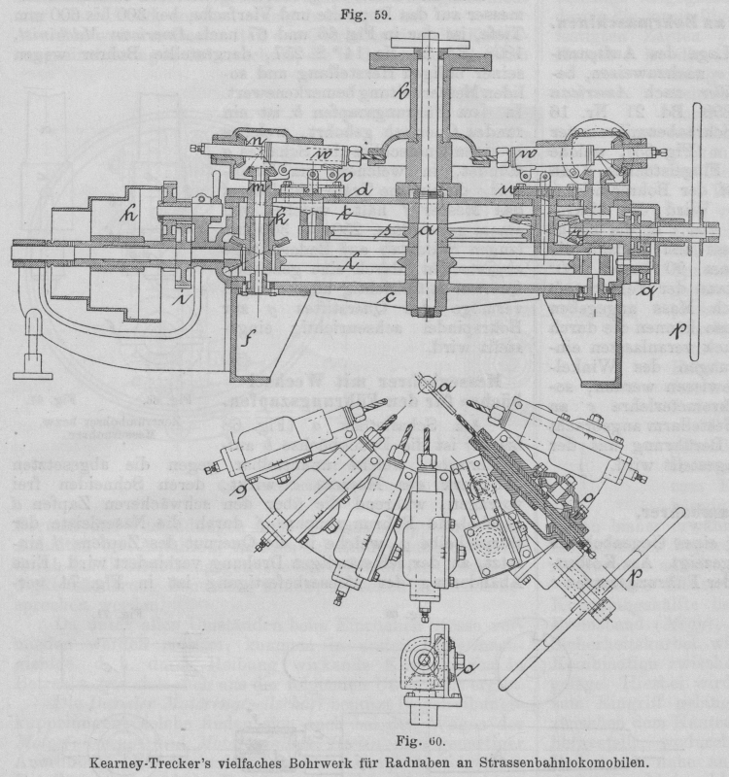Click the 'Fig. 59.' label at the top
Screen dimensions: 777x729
363,16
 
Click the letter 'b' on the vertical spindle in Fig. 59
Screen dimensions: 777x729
401,93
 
